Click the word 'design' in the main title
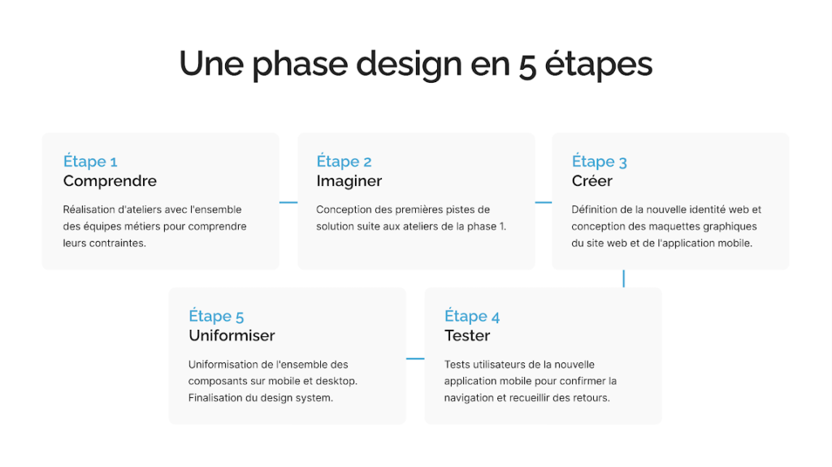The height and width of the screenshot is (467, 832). [409, 65]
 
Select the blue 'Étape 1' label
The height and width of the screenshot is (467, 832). [90, 161]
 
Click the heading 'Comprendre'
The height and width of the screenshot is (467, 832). [110, 181]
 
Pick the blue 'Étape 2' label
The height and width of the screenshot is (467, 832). [344, 161]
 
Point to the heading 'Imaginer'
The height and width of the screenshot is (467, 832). [349, 181]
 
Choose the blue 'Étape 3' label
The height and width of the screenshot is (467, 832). [599, 161]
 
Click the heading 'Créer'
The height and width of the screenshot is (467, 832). [592, 181]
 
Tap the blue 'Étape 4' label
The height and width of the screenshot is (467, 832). [472, 316]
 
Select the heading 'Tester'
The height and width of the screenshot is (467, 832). [467, 335]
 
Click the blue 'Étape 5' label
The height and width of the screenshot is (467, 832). [216, 316]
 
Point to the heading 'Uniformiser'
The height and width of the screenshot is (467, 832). [232, 335]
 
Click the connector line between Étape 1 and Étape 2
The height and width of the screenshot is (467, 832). [288, 202]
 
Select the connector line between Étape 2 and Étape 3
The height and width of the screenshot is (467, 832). [544, 202]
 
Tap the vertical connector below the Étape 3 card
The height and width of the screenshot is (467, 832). [623, 279]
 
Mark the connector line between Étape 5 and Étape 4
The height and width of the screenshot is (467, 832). [415, 359]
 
